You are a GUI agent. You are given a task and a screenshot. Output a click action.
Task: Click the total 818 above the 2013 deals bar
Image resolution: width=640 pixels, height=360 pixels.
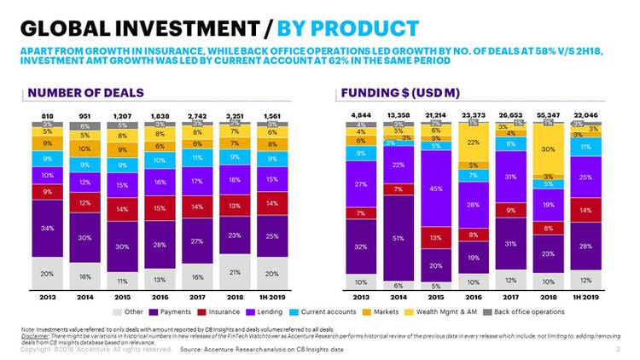click(x=47, y=114)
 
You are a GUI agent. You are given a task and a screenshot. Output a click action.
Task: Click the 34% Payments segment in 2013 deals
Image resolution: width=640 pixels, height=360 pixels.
click(x=47, y=228)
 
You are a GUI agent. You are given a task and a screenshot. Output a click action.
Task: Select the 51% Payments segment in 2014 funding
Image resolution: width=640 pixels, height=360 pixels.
click(x=399, y=239)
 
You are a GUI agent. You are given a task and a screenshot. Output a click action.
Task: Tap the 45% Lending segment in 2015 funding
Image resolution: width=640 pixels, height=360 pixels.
click(x=435, y=189)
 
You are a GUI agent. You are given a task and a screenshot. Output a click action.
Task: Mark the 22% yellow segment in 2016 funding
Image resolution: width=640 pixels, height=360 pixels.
click(x=472, y=142)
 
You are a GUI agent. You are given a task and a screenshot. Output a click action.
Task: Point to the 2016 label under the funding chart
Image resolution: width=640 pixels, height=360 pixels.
click(x=472, y=297)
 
